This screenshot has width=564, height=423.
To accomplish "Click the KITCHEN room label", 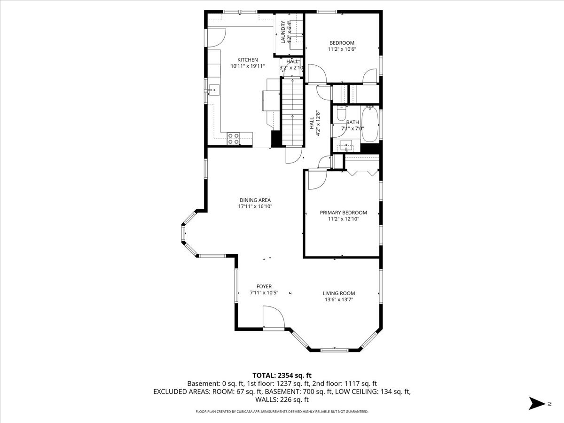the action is [247, 60].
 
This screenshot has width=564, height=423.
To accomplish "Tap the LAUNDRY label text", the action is [283, 32].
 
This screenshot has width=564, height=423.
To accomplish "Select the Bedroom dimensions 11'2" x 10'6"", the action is [342, 49].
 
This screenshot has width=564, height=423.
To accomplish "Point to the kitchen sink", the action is [214, 90].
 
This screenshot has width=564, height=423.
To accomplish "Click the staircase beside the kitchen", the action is [292, 112].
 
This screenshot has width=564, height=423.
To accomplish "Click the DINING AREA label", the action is [255, 200].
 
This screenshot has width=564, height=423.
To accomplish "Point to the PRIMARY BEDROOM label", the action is [343, 212].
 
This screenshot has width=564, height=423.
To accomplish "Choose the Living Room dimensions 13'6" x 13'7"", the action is [339, 299].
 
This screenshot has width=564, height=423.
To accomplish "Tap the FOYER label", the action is [264, 286].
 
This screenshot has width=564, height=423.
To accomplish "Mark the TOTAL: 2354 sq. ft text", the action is [282, 376].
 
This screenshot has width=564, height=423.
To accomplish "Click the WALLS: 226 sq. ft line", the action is [282, 399].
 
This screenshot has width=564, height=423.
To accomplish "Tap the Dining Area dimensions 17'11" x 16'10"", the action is [255, 206].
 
